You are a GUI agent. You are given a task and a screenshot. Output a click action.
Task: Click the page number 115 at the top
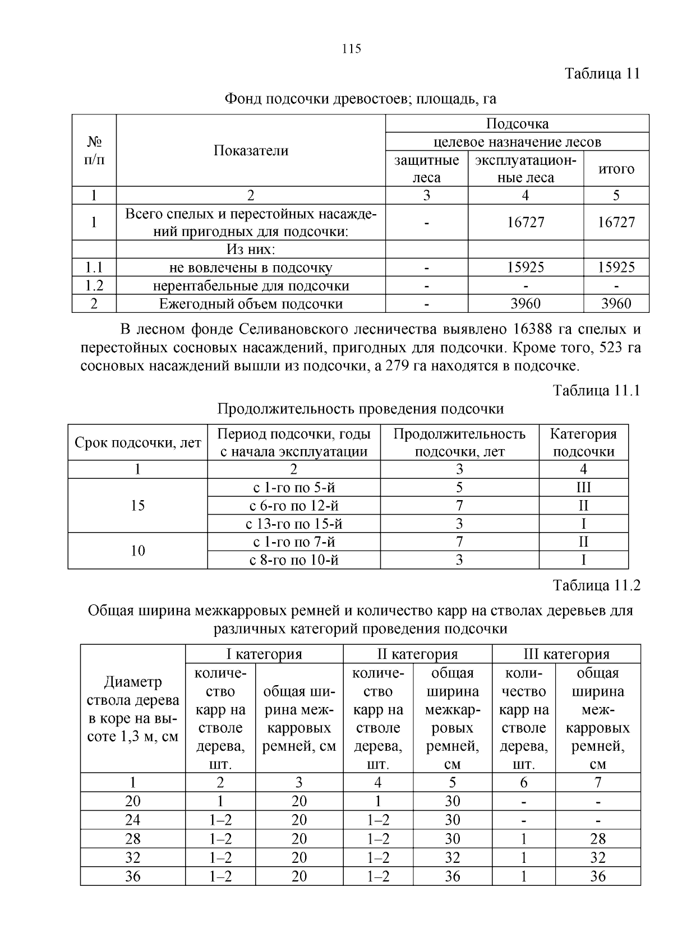click(351, 49)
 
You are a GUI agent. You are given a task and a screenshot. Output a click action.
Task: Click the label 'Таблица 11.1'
click(596, 390)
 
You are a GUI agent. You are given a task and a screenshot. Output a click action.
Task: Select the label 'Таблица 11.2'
click(596, 585)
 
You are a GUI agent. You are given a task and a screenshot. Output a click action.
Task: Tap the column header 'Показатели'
click(251, 151)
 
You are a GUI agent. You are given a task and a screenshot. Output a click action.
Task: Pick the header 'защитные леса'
click(426, 169)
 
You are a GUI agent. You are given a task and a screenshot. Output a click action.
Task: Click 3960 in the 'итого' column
click(616, 304)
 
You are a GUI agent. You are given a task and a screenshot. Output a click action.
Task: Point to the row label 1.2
click(94, 286)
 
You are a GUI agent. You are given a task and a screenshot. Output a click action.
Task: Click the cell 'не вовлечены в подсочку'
click(251, 268)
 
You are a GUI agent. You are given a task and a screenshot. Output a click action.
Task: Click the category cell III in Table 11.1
click(583, 487)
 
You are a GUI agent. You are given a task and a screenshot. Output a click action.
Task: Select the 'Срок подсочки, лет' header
click(137, 443)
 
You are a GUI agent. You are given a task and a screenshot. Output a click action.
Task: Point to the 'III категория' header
click(566, 654)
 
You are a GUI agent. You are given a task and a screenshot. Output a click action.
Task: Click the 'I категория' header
click(264, 654)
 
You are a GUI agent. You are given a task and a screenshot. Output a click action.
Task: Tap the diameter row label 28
click(133, 839)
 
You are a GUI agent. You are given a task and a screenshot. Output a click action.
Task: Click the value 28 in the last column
click(598, 839)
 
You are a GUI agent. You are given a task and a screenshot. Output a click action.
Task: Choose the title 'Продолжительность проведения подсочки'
click(360, 409)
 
